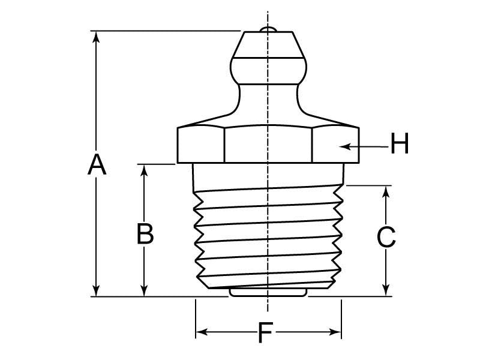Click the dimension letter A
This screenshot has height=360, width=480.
(x=97, y=164)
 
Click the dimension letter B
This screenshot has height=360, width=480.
(x=145, y=234)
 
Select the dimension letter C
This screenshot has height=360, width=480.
(x=386, y=238)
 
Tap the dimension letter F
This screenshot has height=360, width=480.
(x=265, y=333)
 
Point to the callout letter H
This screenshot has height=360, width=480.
(x=399, y=145)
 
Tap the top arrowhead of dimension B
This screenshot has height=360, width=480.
(x=145, y=170)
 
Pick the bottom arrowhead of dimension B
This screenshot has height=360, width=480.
(x=145, y=291)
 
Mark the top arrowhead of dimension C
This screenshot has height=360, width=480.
(x=386, y=191)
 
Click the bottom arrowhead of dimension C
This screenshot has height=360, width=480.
(x=386, y=291)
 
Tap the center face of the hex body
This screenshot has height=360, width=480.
(x=268, y=145)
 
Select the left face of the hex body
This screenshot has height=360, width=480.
(x=201, y=145)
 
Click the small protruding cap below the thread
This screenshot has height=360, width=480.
(x=268, y=293)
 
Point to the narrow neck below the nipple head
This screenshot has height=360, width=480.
(x=268, y=96)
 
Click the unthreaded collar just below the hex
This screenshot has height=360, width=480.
(x=268, y=175)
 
